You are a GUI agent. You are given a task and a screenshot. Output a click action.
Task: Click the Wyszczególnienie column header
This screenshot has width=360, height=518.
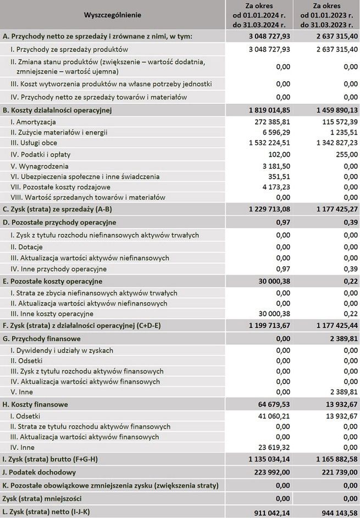(x=113, y=15)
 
